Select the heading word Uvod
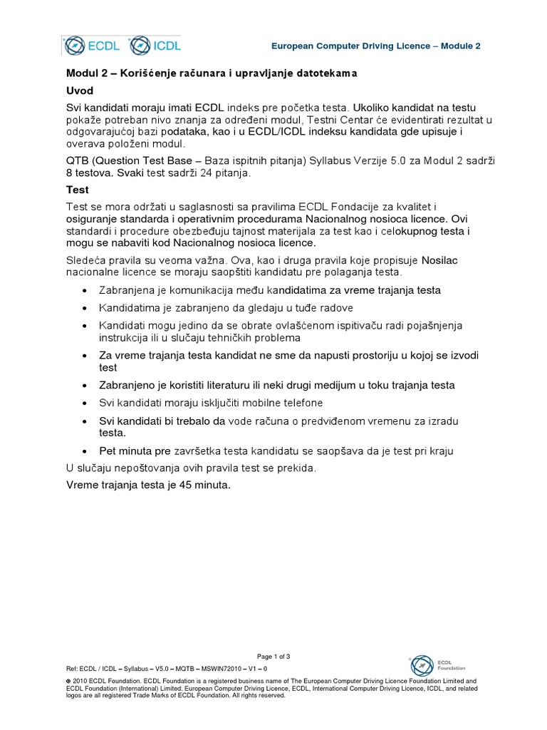[80, 91]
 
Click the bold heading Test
[78, 190]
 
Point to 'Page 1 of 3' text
[273, 656]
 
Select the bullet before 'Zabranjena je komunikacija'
[85, 291]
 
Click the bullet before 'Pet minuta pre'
[85, 452]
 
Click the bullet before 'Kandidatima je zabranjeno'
[85, 308]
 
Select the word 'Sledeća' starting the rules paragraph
[86, 259]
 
